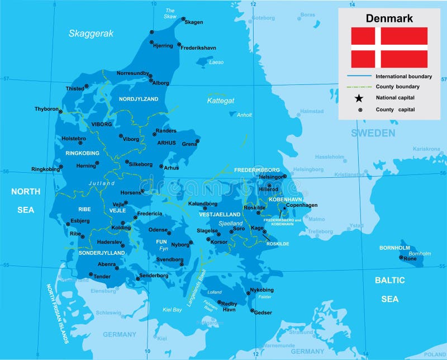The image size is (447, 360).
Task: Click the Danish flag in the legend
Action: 389,47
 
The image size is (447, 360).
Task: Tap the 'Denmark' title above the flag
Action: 389,18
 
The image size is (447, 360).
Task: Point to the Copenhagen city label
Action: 302,206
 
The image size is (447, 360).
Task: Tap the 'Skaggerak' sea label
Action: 91,34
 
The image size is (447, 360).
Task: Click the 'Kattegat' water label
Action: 221,101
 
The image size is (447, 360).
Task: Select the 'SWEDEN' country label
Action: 373,133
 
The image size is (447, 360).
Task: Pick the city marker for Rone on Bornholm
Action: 402,258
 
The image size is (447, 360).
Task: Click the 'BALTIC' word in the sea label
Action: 389,280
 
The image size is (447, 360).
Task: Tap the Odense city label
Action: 158,230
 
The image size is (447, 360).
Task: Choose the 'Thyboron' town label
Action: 46,109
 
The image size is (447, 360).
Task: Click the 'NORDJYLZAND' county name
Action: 139,99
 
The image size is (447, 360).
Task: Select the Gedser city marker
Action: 253,311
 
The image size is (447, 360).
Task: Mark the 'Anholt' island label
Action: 245,116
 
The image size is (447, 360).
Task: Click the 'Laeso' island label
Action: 216,63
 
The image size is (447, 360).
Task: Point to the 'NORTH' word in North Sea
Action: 26,191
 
